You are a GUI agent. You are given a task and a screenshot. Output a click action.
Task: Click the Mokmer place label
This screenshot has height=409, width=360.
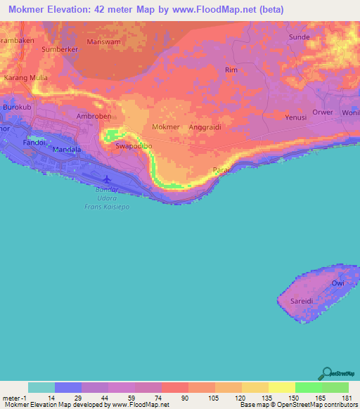coord(166,127)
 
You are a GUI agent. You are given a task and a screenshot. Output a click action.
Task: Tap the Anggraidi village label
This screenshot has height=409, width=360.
coord(205,127)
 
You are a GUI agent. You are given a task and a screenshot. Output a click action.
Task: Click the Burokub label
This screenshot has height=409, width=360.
coord(18,107)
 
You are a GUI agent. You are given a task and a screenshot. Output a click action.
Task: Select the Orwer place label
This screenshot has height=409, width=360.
coord(323,111)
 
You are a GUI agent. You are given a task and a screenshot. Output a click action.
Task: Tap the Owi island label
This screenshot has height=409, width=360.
coord(337,283)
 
